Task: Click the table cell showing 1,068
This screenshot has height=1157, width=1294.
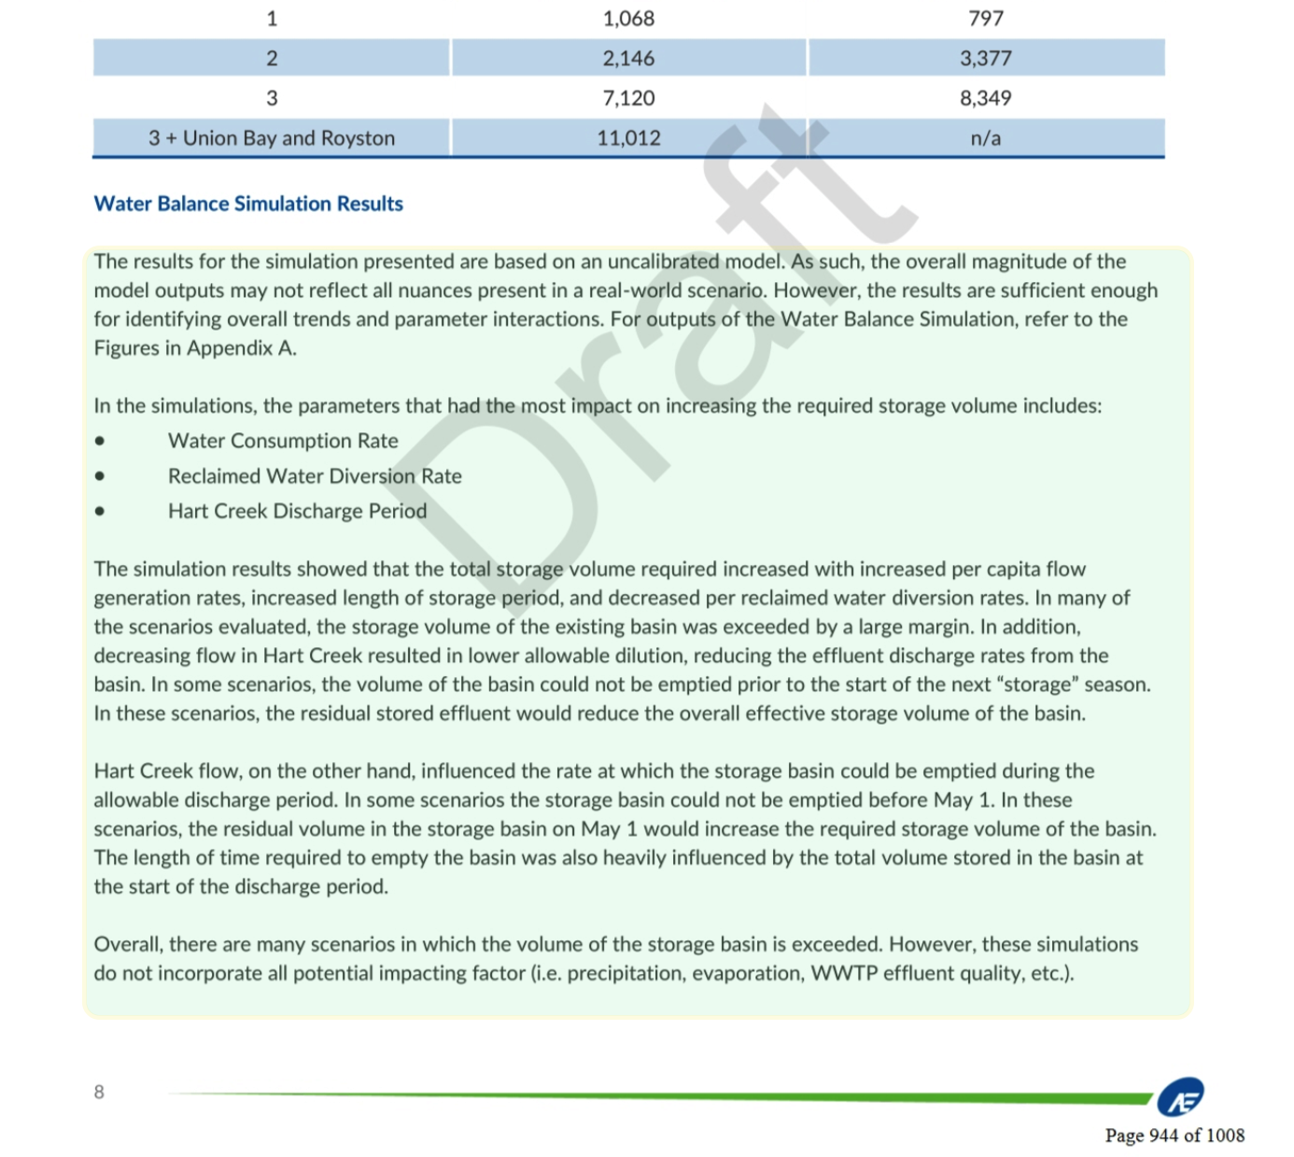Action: coord(628,19)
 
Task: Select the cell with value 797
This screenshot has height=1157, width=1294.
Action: coord(986,19)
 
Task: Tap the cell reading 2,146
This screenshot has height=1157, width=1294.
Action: coord(628,58)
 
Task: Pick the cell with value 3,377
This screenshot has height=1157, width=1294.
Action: coord(986,58)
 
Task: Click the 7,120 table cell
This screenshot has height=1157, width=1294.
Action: coord(628,98)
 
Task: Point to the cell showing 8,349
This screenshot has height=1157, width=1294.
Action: coord(986,98)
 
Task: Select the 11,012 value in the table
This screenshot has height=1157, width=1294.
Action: coord(628,138)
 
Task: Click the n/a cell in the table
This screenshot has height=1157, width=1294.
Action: coord(986,138)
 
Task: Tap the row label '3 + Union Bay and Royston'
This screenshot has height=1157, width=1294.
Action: coord(272,138)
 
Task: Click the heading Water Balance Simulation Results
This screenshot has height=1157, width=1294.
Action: coord(248,204)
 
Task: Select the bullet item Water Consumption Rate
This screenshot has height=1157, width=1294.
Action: coord(283,441)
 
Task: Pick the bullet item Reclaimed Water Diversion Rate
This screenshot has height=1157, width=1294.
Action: coord(315,476)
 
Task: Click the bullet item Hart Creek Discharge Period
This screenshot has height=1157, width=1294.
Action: coord(297,511)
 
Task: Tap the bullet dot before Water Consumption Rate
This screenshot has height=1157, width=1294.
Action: coord(100,442)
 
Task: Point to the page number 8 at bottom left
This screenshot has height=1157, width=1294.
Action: coord(99,1092)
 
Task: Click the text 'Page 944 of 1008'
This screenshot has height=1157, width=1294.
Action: coord(1174,1136)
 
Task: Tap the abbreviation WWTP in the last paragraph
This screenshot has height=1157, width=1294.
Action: coord(844,973)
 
